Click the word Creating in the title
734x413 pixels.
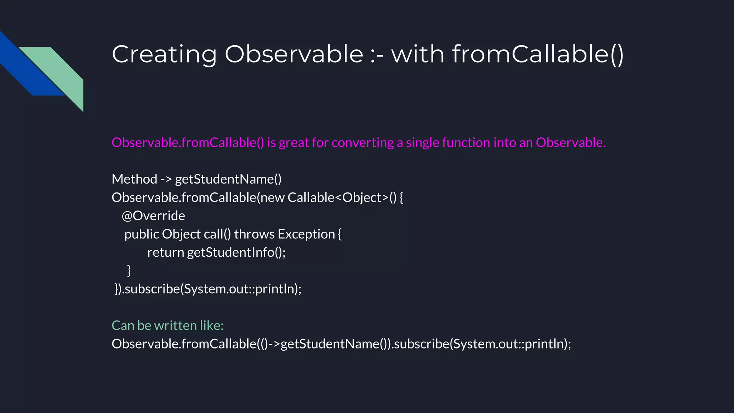pyautogui.click(x=164, y=54)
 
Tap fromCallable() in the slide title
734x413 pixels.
pyautogui.click(x=538, y=54)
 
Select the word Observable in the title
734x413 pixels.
pyautogui.click(x=294, y=54)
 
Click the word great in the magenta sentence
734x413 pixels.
pyautogui.click(x=294, y=143)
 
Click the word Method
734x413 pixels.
pyautogui.click(x=134, y=179)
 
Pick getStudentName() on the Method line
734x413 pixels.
pyautogui.click(x=228, y=179)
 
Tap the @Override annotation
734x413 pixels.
pyautogui.click(x=153, y=216)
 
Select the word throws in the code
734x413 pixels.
pyautogui.click(x=254, y=234)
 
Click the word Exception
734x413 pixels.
pyautogui.click(x=306, y=234)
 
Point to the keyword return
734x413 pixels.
pyautogui.click(x=166, y=252)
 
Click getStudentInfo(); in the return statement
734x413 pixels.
pyautogui.click(x=236, y=252)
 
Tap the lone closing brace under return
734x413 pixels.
pyautogui.click(x=129, y=270)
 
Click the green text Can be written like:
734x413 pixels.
pyautogui.click(x=167, y=326)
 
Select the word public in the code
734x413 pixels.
pyautogui.click(x=142, y=234)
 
